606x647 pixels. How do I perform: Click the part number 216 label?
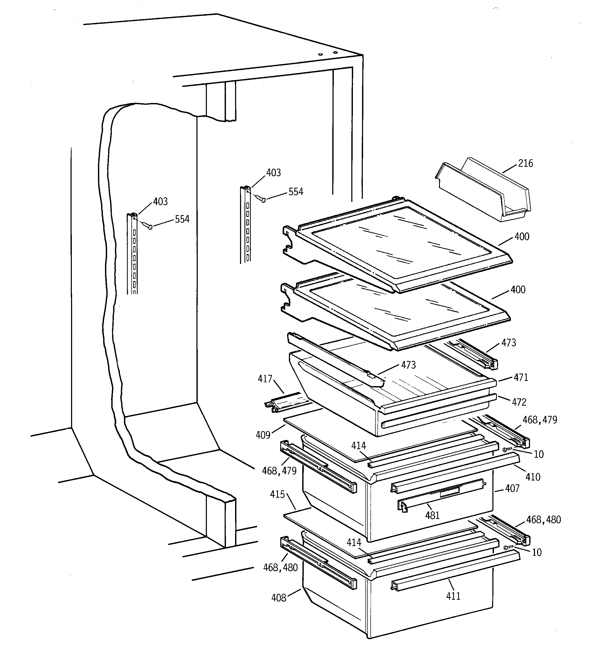coord(525,163)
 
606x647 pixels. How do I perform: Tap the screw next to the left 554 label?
coord(150,227)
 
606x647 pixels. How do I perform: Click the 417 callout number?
coord(265,379)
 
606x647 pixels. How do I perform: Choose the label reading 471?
coord(521,377)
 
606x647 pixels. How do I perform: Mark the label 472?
coord(519,402)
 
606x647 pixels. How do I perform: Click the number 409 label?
coord(263,435)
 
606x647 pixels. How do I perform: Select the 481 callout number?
coord(432,515)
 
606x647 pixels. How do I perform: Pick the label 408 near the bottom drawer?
coord(279,598)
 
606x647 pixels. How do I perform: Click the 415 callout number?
coord(277,494)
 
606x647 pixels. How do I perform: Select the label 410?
coord(533,477)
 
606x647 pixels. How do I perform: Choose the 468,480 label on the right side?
coord(544,520)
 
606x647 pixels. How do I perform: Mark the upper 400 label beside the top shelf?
coord(522,237)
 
